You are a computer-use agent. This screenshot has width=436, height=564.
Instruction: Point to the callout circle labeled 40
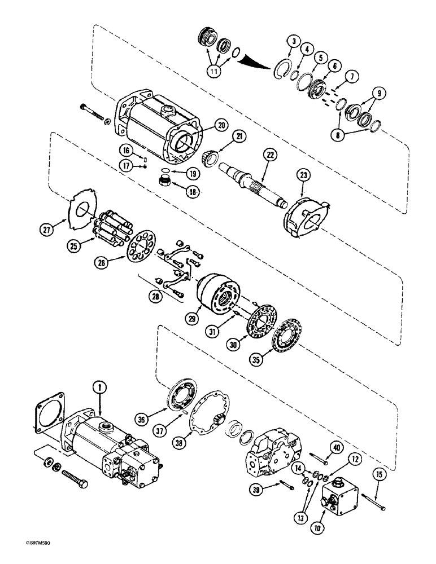click(x=338, y=433)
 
